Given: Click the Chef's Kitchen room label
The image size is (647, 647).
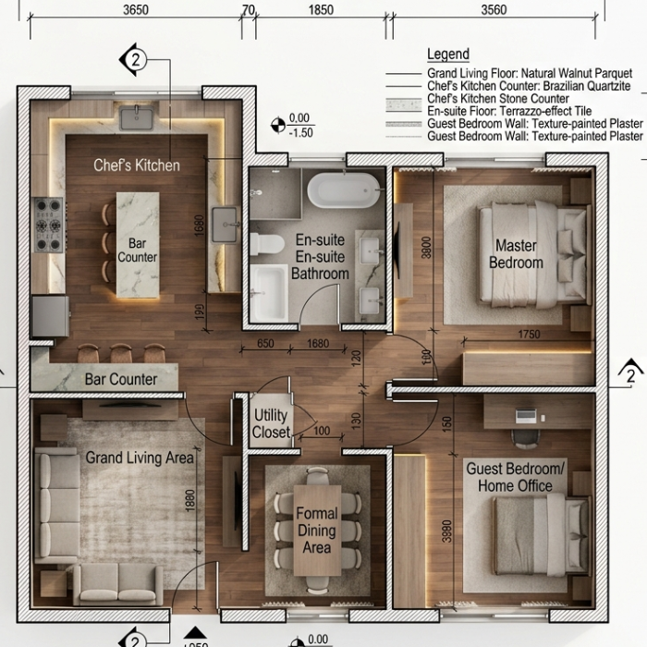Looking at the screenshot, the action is (137, 165).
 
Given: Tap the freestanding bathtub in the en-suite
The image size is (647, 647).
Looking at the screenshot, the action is (343, 189).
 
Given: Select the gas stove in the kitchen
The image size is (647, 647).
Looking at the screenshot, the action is (49, 225).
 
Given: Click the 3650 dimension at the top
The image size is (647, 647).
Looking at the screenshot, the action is (136, 9).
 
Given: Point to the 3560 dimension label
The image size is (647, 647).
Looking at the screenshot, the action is (494, 9).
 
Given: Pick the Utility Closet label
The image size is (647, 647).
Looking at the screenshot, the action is (271, 423).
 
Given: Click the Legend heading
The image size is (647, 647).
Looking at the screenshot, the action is (448, 54).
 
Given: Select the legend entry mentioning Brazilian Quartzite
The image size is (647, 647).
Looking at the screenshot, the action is (529, 86).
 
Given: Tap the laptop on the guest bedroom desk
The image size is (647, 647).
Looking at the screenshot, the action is (526, 415).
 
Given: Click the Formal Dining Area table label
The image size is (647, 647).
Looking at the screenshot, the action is (317, 531).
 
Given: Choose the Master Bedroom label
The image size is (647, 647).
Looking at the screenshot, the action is (516, 254).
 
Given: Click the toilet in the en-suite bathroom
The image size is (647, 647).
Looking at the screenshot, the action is (266, 244).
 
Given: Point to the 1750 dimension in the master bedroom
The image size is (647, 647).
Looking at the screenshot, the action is (529, 334).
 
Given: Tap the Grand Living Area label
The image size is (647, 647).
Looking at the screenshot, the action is (140, 458).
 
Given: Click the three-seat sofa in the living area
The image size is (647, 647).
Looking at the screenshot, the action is (57, 506).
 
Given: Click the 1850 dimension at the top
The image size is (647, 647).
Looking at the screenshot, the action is (321, 9).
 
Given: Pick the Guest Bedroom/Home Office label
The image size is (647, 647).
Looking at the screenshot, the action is (515, 478).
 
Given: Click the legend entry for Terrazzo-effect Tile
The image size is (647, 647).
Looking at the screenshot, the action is (509, 111).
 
